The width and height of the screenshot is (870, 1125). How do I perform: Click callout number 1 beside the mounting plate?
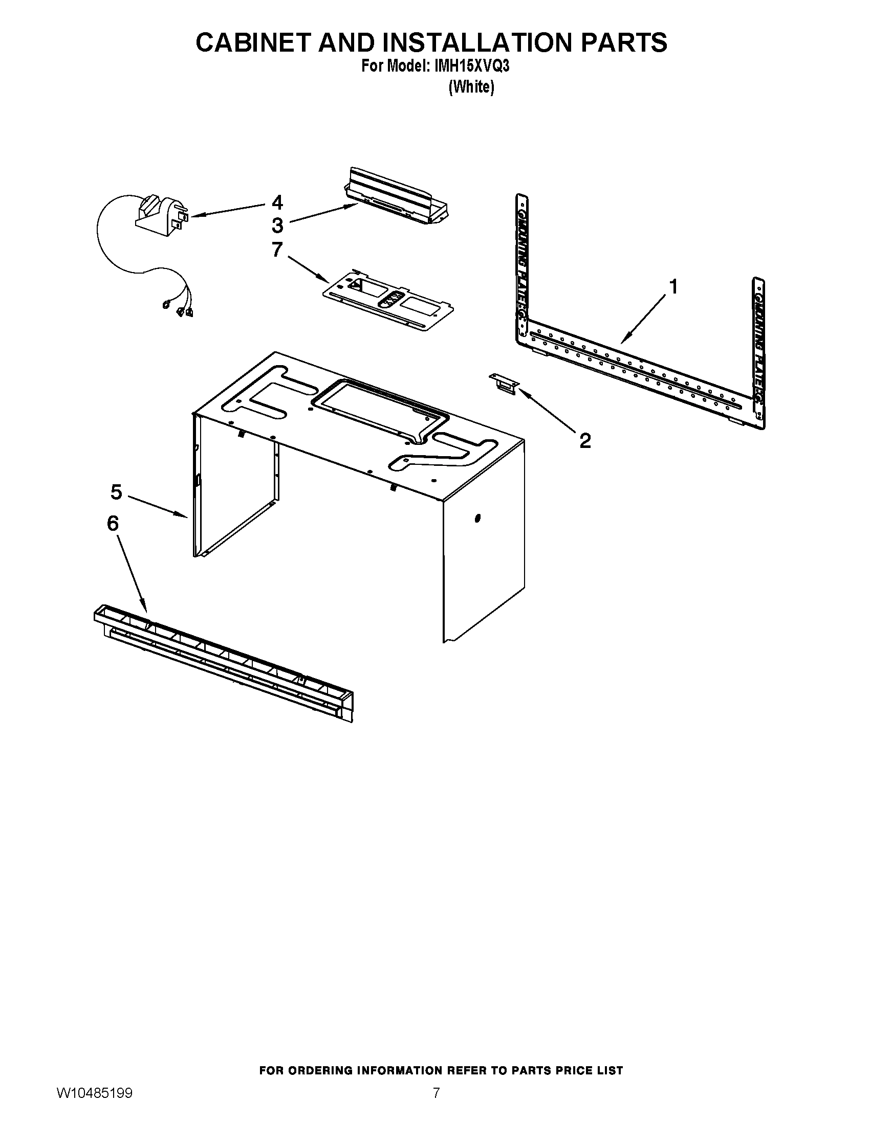pos(672,287)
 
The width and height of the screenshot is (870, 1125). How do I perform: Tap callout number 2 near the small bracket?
pos(585,440)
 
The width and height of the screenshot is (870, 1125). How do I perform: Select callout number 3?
pos(277,225)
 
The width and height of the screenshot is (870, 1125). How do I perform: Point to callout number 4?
pos(277,202)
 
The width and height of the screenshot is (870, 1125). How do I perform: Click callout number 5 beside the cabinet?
pos(116,492)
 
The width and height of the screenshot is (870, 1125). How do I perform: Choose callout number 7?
pos(277,250)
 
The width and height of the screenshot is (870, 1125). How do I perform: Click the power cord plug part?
pos(160,216)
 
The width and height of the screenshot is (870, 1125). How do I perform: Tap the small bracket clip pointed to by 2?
pos(504,384)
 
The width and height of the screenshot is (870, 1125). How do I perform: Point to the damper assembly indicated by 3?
pos(397,197)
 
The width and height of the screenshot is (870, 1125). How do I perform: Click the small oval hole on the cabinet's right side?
pos(477,517)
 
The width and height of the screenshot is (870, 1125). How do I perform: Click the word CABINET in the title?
pos(253,42)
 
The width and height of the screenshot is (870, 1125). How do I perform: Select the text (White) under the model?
pos(471,87)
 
